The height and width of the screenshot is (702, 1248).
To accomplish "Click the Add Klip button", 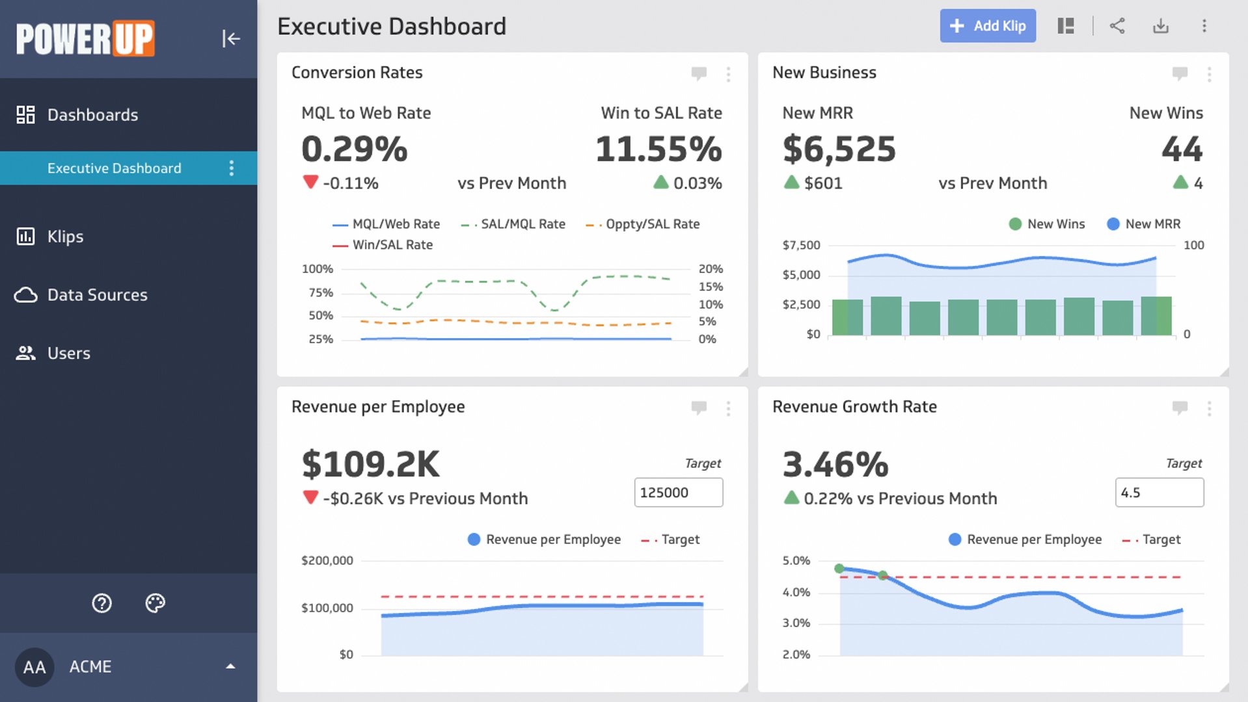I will coord(987,26).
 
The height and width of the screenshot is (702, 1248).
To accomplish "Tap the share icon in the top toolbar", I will coord(1117,26).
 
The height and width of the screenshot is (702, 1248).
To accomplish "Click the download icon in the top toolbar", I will coord(1161,26).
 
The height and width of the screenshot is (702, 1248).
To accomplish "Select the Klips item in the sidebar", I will coord(65,237).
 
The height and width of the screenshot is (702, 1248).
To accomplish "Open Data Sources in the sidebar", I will coord(97,295).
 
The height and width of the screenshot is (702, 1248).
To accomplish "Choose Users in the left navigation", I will coord(68,354).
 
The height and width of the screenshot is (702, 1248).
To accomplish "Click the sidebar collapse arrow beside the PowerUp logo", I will coord(230,38).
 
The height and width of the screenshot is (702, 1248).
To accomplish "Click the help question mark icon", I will coord(102,603).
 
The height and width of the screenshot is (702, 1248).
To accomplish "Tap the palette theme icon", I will coord(155,603).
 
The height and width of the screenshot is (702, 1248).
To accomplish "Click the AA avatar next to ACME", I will coord(34,667).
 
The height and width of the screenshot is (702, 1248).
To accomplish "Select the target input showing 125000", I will coord(678,493).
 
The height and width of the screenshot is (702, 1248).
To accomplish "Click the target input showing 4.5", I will coord(1159,493).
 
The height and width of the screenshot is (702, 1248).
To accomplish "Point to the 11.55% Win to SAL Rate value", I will coord(658,149).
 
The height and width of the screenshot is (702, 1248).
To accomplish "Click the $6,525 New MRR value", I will coord(839,149).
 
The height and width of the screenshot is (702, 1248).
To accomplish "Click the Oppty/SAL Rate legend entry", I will coord(652,224).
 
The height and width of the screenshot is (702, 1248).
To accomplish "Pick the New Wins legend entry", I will coord(1055,224).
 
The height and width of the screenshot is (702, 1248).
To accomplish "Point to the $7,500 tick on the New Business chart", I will coord(801,245).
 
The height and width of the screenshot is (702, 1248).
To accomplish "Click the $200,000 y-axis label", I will coord(327,560).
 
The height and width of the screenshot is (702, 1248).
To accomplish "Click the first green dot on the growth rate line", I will coord(839,569).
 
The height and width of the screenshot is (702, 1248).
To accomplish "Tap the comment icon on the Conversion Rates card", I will coord(699,73).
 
